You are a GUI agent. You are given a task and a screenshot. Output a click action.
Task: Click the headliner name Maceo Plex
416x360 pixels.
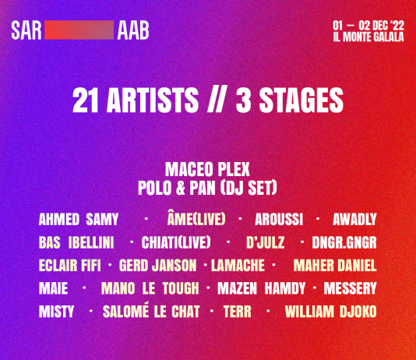[207, 169]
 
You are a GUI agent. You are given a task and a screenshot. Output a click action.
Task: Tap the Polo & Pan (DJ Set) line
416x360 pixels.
[207, 188]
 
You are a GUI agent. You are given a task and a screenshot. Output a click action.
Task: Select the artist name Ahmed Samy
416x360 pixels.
[79, 220]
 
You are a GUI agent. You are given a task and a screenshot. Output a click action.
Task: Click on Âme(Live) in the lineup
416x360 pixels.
[196, 219]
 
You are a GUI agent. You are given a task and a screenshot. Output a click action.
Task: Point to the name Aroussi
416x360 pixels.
[279, 220]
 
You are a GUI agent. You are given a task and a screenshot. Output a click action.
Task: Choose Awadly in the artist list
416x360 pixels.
[354, 220]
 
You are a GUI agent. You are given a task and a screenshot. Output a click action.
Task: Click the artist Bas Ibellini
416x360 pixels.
[76, 242]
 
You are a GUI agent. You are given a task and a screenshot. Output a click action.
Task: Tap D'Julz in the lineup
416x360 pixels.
[266, 242]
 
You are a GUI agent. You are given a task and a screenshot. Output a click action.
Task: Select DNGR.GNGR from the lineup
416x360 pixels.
[344, 242]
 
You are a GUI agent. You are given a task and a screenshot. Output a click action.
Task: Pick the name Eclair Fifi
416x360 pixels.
[70, 266]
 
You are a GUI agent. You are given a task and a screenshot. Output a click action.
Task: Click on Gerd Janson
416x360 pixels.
[158, 266]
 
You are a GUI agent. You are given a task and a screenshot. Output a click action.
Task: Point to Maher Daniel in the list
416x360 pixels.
[335, 266]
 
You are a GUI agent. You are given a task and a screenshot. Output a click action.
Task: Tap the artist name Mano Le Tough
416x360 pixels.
[150, 288]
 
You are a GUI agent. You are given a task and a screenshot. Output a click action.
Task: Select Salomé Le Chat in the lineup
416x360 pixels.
[151, 311]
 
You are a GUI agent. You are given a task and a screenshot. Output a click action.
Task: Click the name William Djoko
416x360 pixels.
[331, 312]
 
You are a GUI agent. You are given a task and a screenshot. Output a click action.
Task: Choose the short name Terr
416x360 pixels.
[237, 312]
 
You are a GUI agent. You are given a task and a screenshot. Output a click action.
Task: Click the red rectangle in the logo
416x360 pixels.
[79, 30]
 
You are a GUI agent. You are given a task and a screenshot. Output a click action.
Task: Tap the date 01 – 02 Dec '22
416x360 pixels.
[368, 26]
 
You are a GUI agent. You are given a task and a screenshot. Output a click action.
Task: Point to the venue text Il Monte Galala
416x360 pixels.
[368, 37]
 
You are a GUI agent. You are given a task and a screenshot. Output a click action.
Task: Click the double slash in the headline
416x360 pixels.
[217, 100]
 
